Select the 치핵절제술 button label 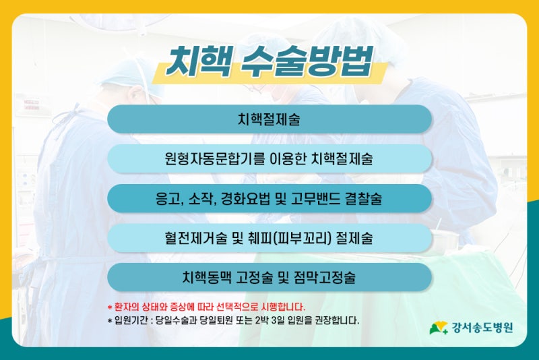coord(269,119)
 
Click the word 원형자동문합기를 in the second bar coord(215,159)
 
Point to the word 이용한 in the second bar coord(288,159)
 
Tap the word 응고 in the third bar coord(168,199)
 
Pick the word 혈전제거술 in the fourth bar coord(195,238)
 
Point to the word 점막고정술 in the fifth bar coord(325,278)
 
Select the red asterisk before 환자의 coord(110,306)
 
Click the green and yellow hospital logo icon coord(439,328)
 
